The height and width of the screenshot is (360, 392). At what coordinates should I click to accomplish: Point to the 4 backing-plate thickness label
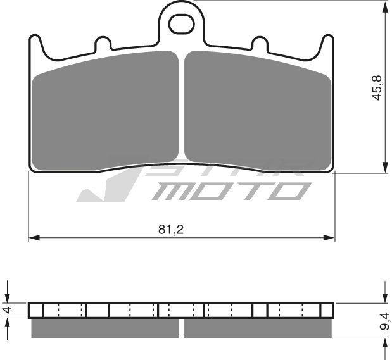tap(7, 311)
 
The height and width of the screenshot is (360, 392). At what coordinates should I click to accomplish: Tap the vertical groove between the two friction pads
tap(182, 108)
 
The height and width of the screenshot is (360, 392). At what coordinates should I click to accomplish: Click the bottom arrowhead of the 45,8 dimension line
tap(385, 167)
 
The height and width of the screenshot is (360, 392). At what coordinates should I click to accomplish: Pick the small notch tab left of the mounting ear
tap(102, 44)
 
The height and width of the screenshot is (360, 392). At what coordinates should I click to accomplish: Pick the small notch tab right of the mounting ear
tap(260, 44)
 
